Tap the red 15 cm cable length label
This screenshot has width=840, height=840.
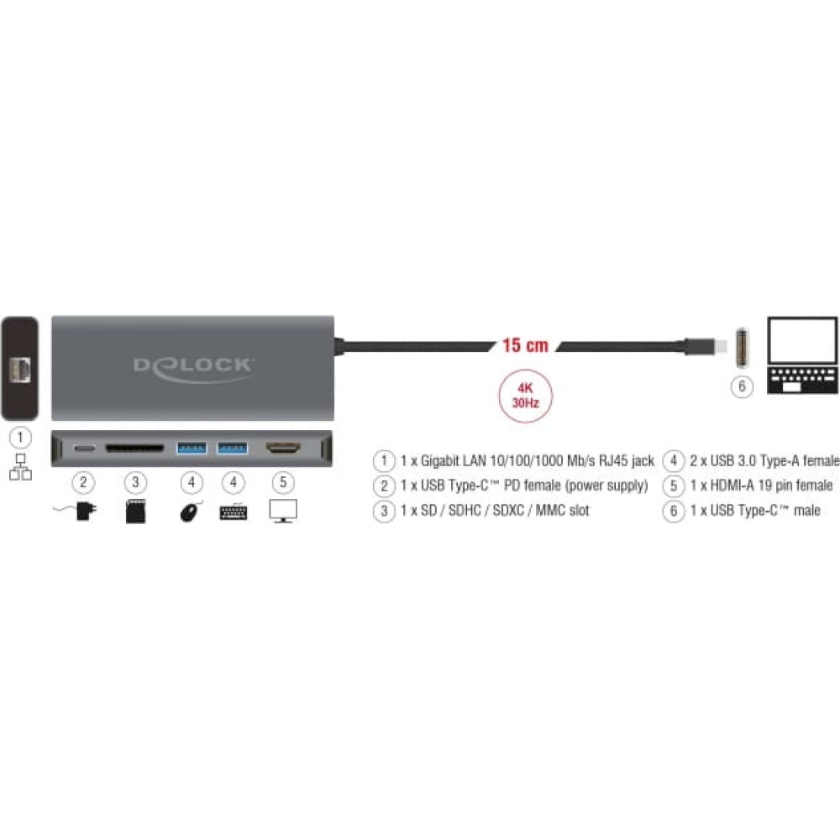525,345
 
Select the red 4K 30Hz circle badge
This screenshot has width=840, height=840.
525,396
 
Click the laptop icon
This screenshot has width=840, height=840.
802,355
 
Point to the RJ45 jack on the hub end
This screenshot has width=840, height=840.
20,369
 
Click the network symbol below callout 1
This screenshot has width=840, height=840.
20,467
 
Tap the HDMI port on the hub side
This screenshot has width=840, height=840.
283,448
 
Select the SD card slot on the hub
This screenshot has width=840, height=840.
135,448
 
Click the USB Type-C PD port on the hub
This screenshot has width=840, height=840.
83,448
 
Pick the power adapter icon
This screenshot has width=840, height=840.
76,511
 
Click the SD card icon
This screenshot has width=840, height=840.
135,511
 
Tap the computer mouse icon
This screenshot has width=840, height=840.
191,511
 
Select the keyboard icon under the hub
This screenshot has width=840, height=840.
234,512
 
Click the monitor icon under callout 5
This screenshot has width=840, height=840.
283,511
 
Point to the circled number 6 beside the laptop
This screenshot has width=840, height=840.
742,386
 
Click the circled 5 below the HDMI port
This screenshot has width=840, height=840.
283,482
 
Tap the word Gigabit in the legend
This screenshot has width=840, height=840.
440,460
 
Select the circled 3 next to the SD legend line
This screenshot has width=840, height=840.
384,511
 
